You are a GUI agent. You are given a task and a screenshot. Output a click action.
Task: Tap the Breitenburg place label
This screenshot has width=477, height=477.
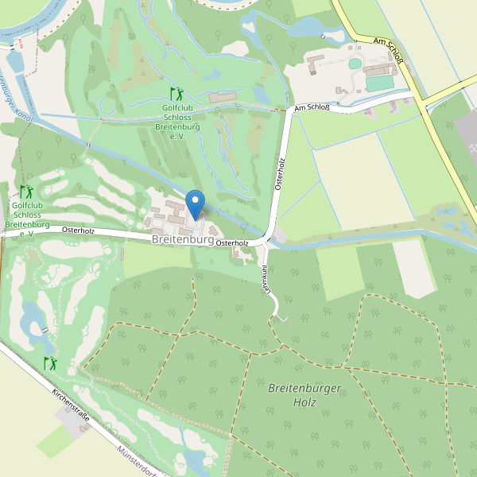pos(183,239)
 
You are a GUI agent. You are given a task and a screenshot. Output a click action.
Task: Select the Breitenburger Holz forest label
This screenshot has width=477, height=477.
pos(304,395)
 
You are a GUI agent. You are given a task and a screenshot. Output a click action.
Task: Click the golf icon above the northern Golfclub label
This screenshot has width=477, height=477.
pos(176,94)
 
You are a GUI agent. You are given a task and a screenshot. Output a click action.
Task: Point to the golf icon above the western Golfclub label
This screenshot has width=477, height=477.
pos(26,192)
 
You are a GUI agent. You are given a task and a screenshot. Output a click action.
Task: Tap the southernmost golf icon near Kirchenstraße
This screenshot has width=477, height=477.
pos(50,363)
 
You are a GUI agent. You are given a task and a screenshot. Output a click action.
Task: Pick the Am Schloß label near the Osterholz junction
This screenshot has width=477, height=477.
pos(311,107)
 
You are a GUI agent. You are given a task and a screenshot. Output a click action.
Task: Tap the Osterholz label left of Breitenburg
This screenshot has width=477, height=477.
pos(78,231)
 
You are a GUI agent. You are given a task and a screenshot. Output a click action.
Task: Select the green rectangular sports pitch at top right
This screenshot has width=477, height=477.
pos(380,83)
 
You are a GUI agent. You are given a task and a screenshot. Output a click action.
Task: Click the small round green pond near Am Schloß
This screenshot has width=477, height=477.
pos(355,64)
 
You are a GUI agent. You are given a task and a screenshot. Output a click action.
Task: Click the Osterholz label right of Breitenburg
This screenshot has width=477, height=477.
pos(232,243)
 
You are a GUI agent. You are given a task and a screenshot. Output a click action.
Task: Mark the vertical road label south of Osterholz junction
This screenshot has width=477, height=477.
pos(259,281)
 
